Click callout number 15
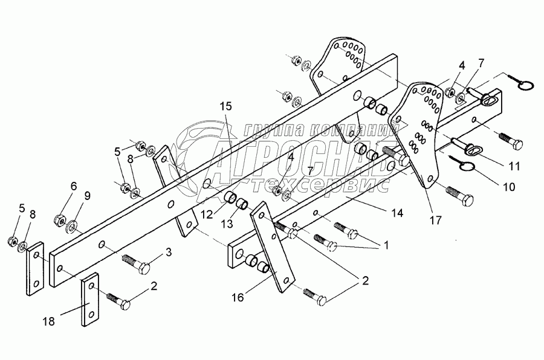[225, 107]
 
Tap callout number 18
[49, 322]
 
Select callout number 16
[239, 297]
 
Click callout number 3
[169, 251]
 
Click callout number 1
[381, 245]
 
